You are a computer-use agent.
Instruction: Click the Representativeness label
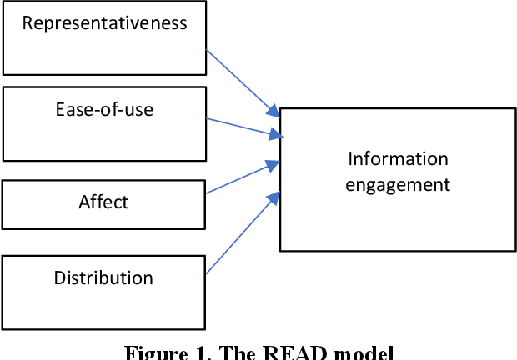coord(104,22)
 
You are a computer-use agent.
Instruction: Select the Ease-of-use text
coord(104,108)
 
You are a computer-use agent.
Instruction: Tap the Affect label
coord(103,201)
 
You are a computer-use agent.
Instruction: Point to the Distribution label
coord(103,277)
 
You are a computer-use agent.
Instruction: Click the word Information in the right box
coord(398,158)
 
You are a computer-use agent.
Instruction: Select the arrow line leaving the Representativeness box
coord(238,80)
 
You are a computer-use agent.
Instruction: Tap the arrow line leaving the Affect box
coord(238,179)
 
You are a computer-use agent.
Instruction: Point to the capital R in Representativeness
coord(27,22)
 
